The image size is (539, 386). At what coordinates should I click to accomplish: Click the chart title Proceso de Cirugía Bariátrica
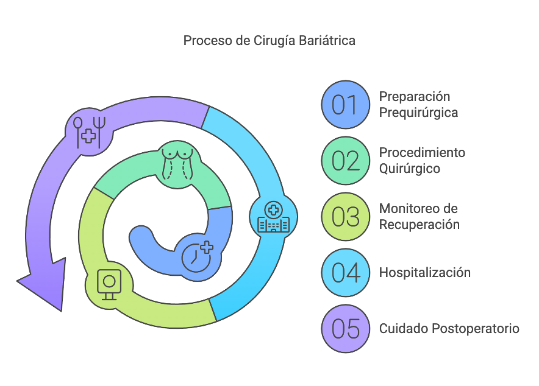coord(269,41)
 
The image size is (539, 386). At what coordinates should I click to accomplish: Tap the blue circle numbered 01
coord(346,105)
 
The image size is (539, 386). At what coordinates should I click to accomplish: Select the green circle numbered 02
coord(346,161)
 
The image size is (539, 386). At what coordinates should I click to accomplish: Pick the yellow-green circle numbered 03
coord(346,217)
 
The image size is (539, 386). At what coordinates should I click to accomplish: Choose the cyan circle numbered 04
coord(346,273)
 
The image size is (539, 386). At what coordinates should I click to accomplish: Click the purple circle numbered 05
coord(346,329)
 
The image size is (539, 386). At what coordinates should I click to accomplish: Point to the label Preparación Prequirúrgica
coord(418,105)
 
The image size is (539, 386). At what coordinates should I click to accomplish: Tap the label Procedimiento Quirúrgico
coord(422,161)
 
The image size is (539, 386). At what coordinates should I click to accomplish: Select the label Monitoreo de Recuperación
coord(419,217)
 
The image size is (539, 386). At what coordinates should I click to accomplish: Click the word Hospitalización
coord(425,273)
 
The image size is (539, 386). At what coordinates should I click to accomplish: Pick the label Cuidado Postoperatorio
coord(449,329)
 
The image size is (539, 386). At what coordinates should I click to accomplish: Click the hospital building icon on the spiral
coord(273,218)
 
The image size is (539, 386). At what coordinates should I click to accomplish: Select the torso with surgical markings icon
coord(177,161)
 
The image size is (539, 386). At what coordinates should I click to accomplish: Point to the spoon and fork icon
coord(90,131)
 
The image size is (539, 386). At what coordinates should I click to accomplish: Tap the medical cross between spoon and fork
coord(90,136)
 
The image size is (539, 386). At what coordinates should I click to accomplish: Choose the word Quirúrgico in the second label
coord(410,169)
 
